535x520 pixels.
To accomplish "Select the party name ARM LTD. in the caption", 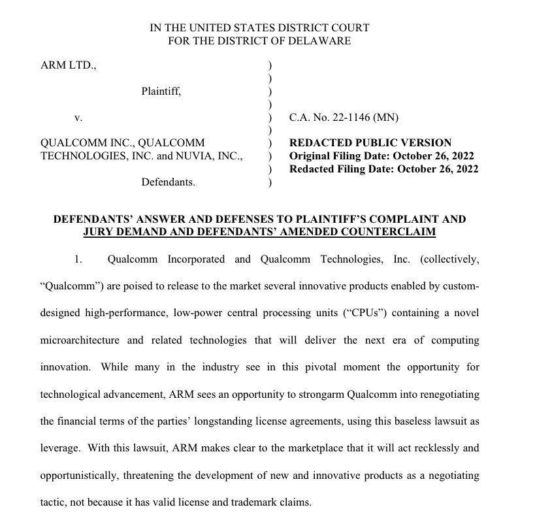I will point(68,66).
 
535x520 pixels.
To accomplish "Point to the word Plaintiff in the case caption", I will point(160,91).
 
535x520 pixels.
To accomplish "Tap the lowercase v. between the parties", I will point(78,118).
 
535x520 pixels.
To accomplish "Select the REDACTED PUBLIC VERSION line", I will point(370,143).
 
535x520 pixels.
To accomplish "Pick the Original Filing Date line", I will point(381,156).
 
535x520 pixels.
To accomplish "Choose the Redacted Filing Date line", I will point(383,169).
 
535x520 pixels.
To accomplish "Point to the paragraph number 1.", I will point(78,259).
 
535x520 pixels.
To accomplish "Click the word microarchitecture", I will point(80,340).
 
